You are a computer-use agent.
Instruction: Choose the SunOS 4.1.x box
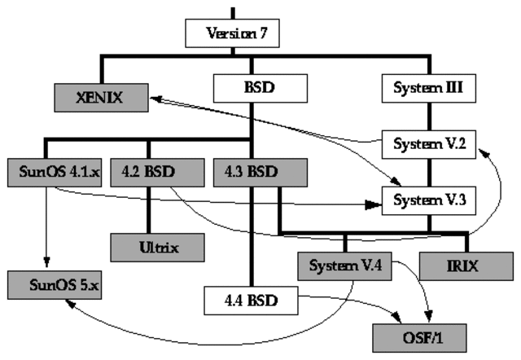[x=54, y=172]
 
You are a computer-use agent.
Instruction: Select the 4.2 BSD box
[x=147, y=172]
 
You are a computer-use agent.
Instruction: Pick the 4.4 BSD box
[x=252, y=300]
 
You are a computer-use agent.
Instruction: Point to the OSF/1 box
[x=412, y=336]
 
